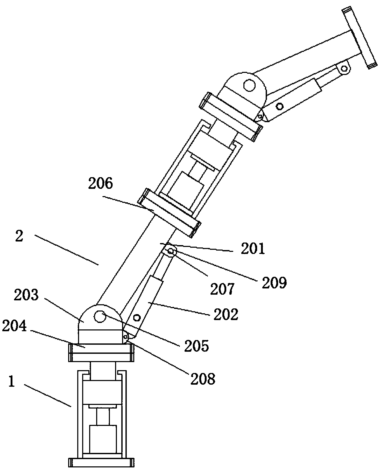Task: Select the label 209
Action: point(274,283)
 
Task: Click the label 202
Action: point(226,315)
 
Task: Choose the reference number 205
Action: point(196,346)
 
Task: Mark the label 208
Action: point(203,379)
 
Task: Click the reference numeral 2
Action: point(19,236)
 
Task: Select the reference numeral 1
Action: point(11,389)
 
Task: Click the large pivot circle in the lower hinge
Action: point(99,316)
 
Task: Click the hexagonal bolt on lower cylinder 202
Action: point(137,317)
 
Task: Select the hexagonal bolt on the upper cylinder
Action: point(279,106)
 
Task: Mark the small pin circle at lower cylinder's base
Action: point(126,337)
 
